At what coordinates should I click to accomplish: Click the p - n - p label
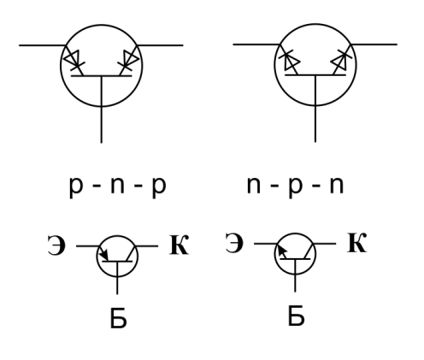tap(118, 187)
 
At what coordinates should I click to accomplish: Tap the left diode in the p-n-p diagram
tap(74, 60)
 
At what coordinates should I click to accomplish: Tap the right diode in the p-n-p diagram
tap(129, 60)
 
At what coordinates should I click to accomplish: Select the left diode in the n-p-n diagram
tap(289, 60)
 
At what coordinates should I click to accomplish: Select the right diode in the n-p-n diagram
tap(341, 60)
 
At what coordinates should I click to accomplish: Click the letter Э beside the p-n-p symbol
tap(56, 245)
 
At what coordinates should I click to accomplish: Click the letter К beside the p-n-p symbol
tap(179, 245)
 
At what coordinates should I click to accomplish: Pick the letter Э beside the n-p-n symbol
tap(234, 243)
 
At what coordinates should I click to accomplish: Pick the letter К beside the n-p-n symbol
tap(356, 243)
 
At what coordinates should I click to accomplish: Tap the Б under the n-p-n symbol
tap(296, 316)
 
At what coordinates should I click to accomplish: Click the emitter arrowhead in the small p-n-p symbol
tap(104, 254)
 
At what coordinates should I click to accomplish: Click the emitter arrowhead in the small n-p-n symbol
tap(282, 251)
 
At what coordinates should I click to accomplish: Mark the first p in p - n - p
tap(75, 189)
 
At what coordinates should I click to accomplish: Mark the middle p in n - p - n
tap(295, 189)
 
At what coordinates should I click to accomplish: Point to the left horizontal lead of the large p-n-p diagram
tap(43, 45)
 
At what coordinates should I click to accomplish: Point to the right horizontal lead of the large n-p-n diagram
tap(374, 44)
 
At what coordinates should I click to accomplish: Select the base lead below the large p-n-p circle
tap(102, 125)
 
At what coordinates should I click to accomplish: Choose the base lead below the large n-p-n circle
tap(315, 124)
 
